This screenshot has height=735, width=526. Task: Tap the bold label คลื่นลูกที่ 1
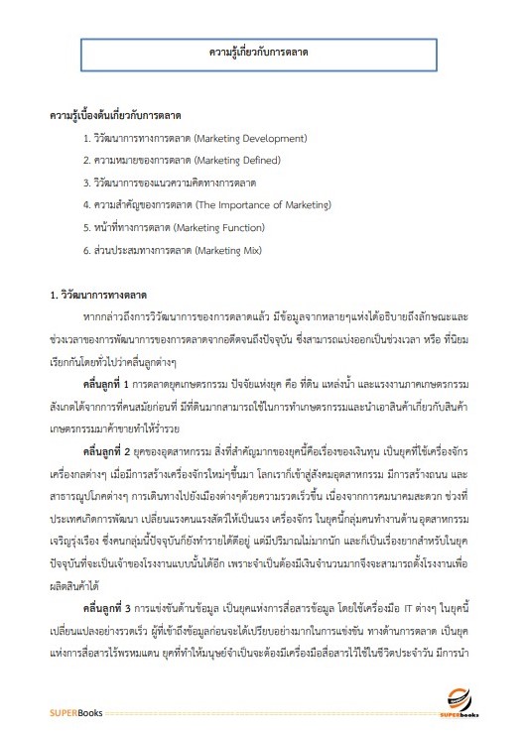click(115, 381)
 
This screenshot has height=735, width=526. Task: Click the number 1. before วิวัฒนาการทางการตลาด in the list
click(87, 137)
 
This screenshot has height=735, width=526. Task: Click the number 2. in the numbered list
click(87, 160)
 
